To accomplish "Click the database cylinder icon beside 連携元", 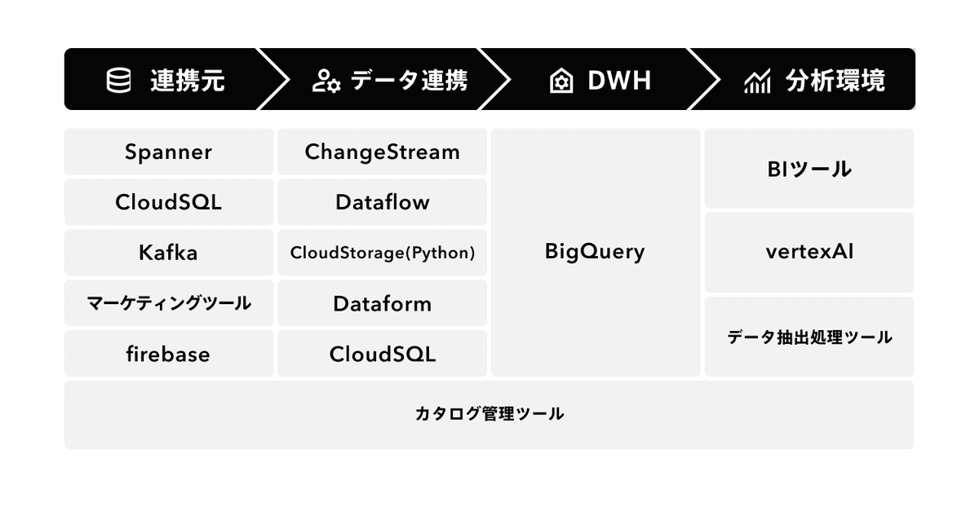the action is [118, 81].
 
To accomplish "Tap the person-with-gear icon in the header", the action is [326, 81].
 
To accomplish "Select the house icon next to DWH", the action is [561, 81].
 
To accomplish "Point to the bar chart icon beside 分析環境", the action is [757, 81].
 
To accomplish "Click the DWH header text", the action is [619, 81].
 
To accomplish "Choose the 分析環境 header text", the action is [835, 81].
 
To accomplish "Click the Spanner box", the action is [169, 152].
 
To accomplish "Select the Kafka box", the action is [169, 253].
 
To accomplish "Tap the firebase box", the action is [169, 353].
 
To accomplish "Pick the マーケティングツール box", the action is [169, 303].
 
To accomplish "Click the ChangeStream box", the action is [382, 152].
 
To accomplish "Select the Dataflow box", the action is [382, 202].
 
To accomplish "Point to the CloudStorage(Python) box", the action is [382, 253].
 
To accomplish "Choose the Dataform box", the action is [382, 303].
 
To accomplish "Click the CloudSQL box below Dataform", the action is [382, 353].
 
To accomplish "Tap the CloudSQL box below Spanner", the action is [169, 202].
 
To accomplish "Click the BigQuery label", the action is [595, 252].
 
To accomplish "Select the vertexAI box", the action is [809, 253].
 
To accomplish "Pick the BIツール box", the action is [809, 169].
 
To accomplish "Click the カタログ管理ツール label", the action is [489, 413].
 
